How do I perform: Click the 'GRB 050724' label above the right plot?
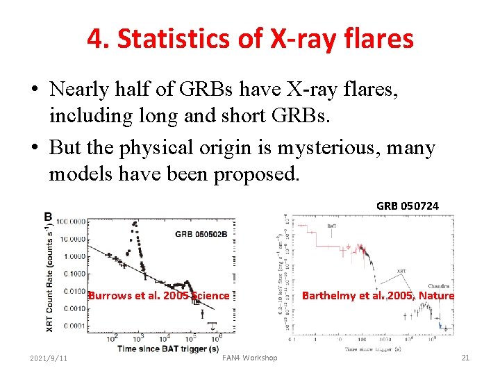click(407, 206)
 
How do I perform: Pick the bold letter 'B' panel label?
click(48, 217)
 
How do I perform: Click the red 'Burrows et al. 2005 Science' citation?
click(158, 295)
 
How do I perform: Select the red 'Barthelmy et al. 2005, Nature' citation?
click(378, 295)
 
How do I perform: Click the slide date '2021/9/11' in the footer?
click(49, 358)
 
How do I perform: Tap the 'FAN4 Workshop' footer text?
click(249, 358)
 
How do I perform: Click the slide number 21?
click(465, 358)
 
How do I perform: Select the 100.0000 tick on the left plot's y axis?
click(72, 222)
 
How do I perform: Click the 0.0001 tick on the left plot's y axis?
click(74, 326)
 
